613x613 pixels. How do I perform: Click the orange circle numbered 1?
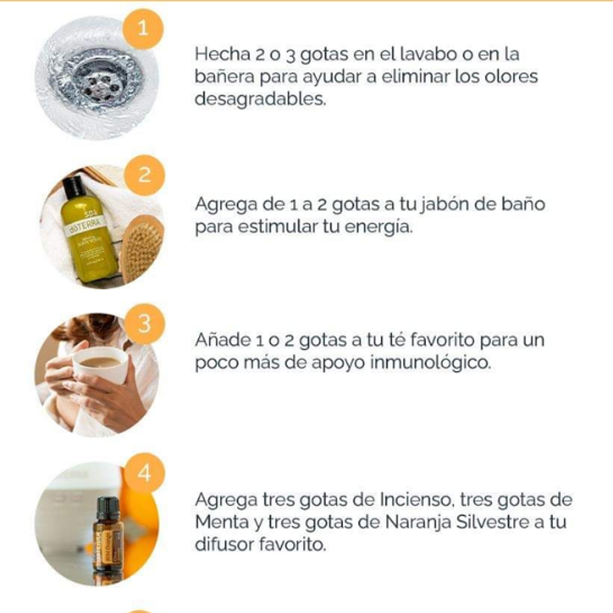[143, 29]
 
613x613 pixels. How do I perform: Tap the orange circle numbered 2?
[144, 175]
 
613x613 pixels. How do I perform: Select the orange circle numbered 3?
[144, 324]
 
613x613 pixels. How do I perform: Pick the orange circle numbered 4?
[144, 473]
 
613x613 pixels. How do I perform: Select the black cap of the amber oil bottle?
[108, 507]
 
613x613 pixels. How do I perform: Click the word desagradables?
[260, 99]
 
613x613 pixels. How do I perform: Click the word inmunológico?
[430, 362]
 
